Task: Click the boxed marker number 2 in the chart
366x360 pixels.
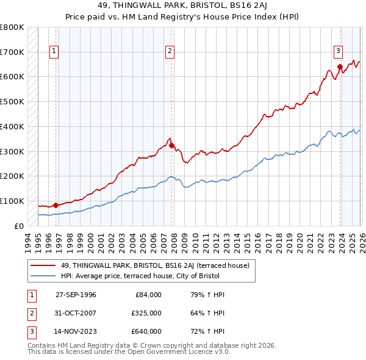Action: pos(169,52)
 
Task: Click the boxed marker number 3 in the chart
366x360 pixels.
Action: pos(337,52)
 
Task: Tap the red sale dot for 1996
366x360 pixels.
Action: pos(56,205)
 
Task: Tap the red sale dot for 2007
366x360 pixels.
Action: pos(171,145)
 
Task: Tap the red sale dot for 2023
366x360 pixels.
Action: pos(339,67)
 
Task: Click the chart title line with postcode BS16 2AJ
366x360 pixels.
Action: pos(183,5)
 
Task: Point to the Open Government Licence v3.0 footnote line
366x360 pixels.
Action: pos(129,352)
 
